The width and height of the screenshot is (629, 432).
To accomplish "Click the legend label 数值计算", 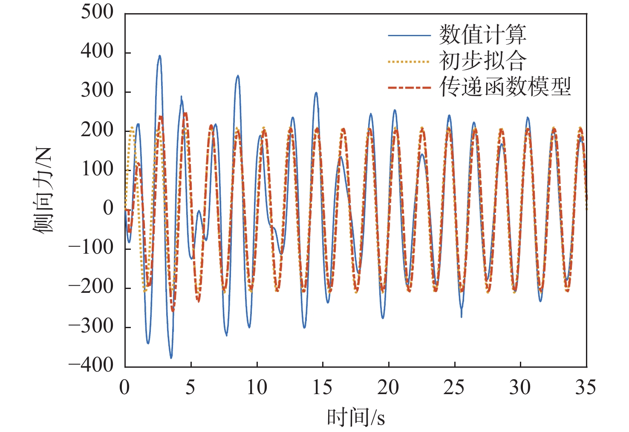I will [482, 35].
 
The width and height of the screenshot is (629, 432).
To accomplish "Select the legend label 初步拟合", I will [482, 61].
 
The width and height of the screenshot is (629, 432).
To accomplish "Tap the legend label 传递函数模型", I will [505, 88].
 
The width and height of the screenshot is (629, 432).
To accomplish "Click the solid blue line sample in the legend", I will [409, 35].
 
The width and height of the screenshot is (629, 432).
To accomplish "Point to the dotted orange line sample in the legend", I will [409, 62].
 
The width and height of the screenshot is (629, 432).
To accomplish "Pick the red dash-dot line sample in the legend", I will [409, 88].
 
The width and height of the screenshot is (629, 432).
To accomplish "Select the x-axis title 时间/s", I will [356, 417].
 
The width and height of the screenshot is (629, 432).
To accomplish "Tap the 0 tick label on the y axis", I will [108, 209].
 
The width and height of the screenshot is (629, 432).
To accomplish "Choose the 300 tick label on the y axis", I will [97, 91].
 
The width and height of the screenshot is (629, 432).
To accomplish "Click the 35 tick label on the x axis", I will [586, 388].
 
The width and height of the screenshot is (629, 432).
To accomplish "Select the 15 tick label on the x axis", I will [322, 388].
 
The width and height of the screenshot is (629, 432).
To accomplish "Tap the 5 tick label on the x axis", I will [190, 388].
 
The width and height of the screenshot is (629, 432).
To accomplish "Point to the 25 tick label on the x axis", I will [454, 388].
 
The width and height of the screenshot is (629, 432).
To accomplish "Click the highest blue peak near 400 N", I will [159, 56].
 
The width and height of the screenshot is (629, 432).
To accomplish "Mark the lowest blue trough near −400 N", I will [171, 358].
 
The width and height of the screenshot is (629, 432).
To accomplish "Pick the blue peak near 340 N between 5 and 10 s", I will [238, 76].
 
